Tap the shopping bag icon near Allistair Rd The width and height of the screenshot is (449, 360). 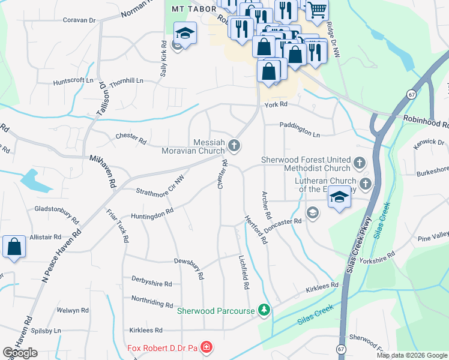tap(13, 247)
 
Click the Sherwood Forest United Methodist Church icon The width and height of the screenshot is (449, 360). tap(359, 163)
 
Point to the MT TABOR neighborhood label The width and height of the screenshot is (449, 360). tap(190, 10)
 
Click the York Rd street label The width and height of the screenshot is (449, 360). tap(276, 104)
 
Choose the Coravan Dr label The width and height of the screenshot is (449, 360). tap(79, 20)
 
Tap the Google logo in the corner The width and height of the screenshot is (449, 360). tap(20, 353)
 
